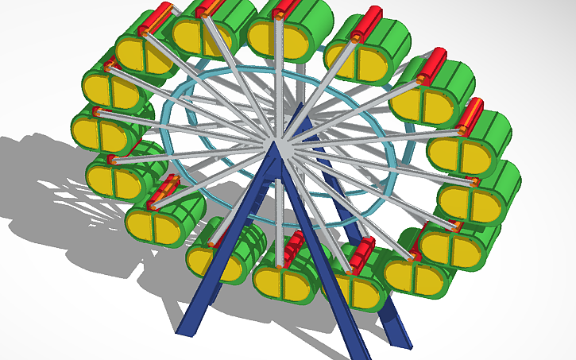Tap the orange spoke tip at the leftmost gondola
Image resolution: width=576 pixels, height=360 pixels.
(98, 110)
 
